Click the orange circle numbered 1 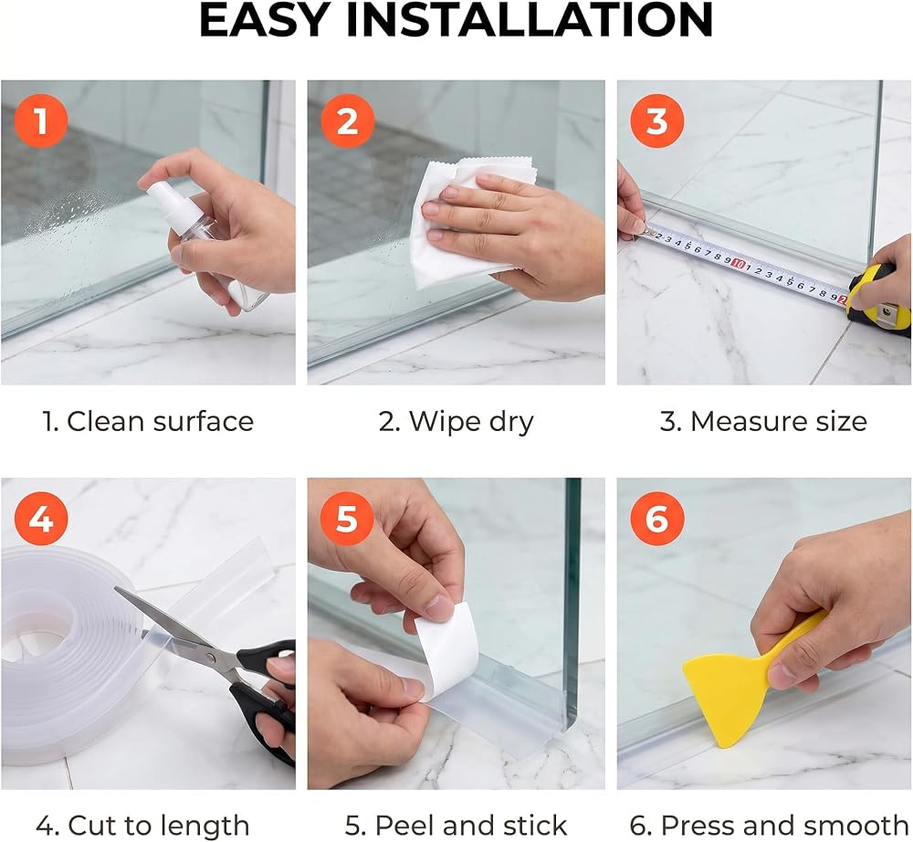tap(41, 121)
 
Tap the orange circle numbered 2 tap(347, 121)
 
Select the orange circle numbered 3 tap(656, 121)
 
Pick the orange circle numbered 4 tap(41, 518)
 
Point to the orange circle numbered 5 tap(347, 518)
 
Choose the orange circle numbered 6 tap(656, 518)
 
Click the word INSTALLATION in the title tap(529, 20)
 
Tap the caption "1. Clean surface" tap(149, 421)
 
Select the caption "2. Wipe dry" tap(456, 422)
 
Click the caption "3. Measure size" tap(763, 421)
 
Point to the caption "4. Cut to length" tap(142, 826)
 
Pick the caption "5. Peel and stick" tap(456, 826)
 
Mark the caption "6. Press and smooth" tap(769, 826)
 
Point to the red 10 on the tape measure tap(738, 264)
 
